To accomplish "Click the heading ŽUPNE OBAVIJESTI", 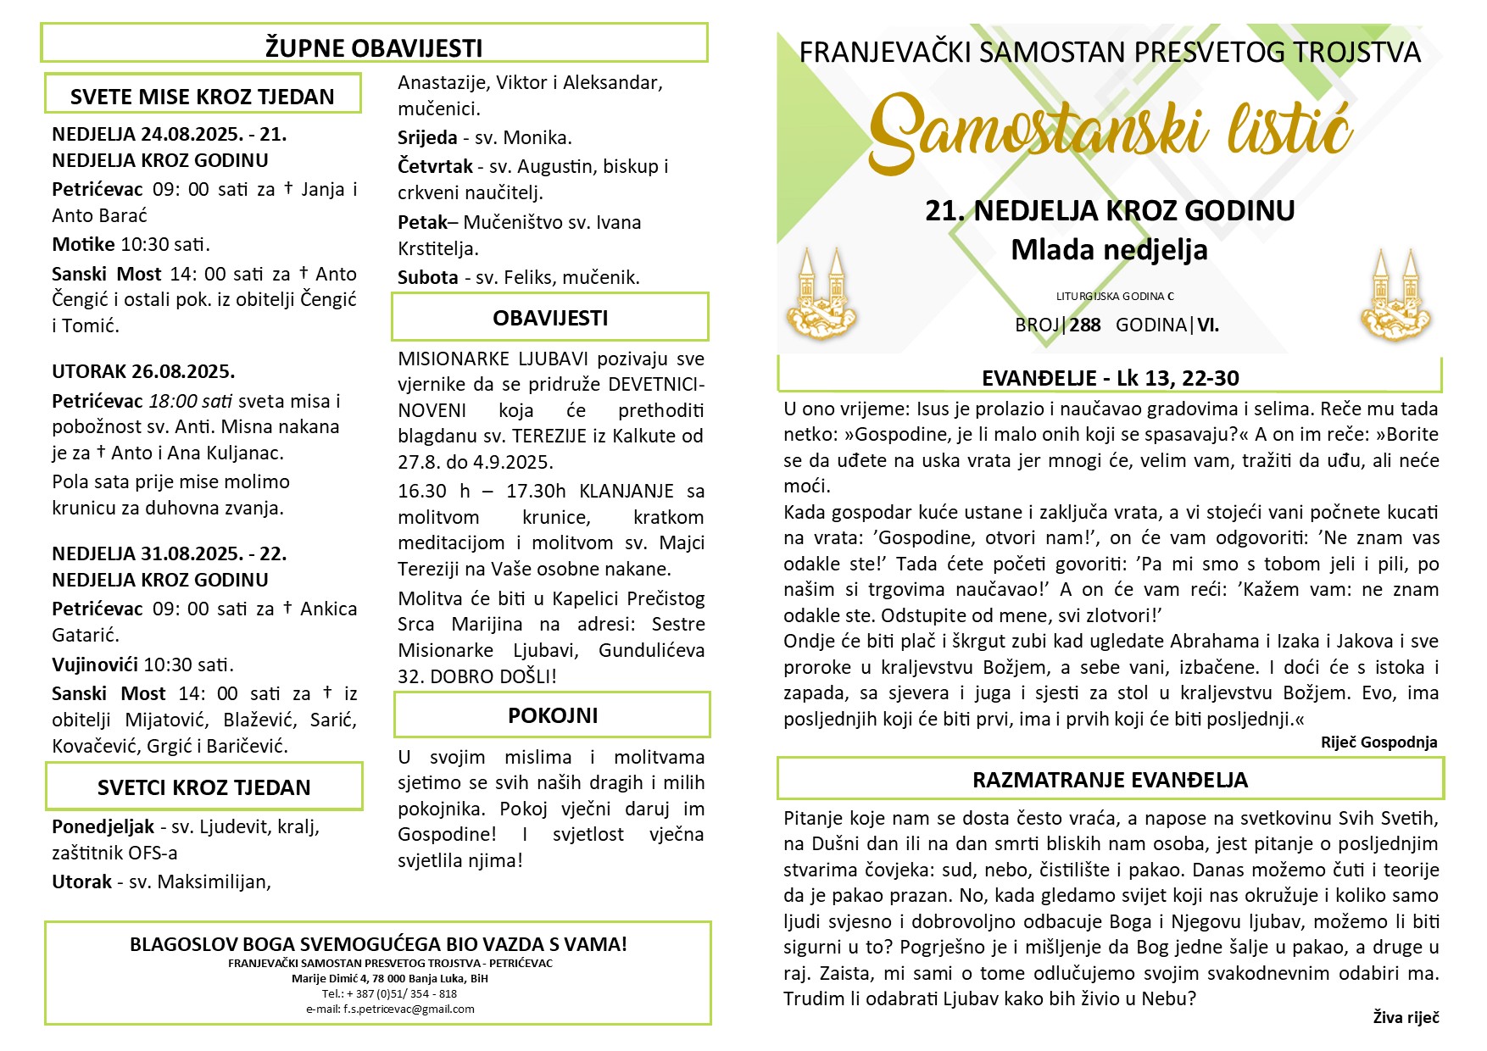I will (x=374, y=47).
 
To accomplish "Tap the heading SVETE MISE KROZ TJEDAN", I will (x=202, y=97).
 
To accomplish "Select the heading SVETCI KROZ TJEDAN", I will (x=203, y=787).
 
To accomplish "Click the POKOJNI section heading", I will (x=553, y=715).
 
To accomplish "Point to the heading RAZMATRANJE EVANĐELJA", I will (x=1110, y=780).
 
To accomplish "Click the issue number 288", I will (x=1085, y=325).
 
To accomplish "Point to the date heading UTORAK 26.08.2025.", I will (x=143, y=371).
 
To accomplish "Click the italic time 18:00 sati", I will (x=191, y=401).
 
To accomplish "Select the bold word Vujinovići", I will (x=95, y=665).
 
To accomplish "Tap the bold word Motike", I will (x=83, y=244).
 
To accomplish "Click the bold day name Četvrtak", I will (x=435, y=166).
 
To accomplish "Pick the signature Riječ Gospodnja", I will (x=1378, y=742).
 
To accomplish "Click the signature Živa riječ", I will (x=1406, y=1017).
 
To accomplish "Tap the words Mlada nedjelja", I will (x=1109, y=250).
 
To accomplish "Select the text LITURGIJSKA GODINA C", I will (x=1115, y=297).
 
